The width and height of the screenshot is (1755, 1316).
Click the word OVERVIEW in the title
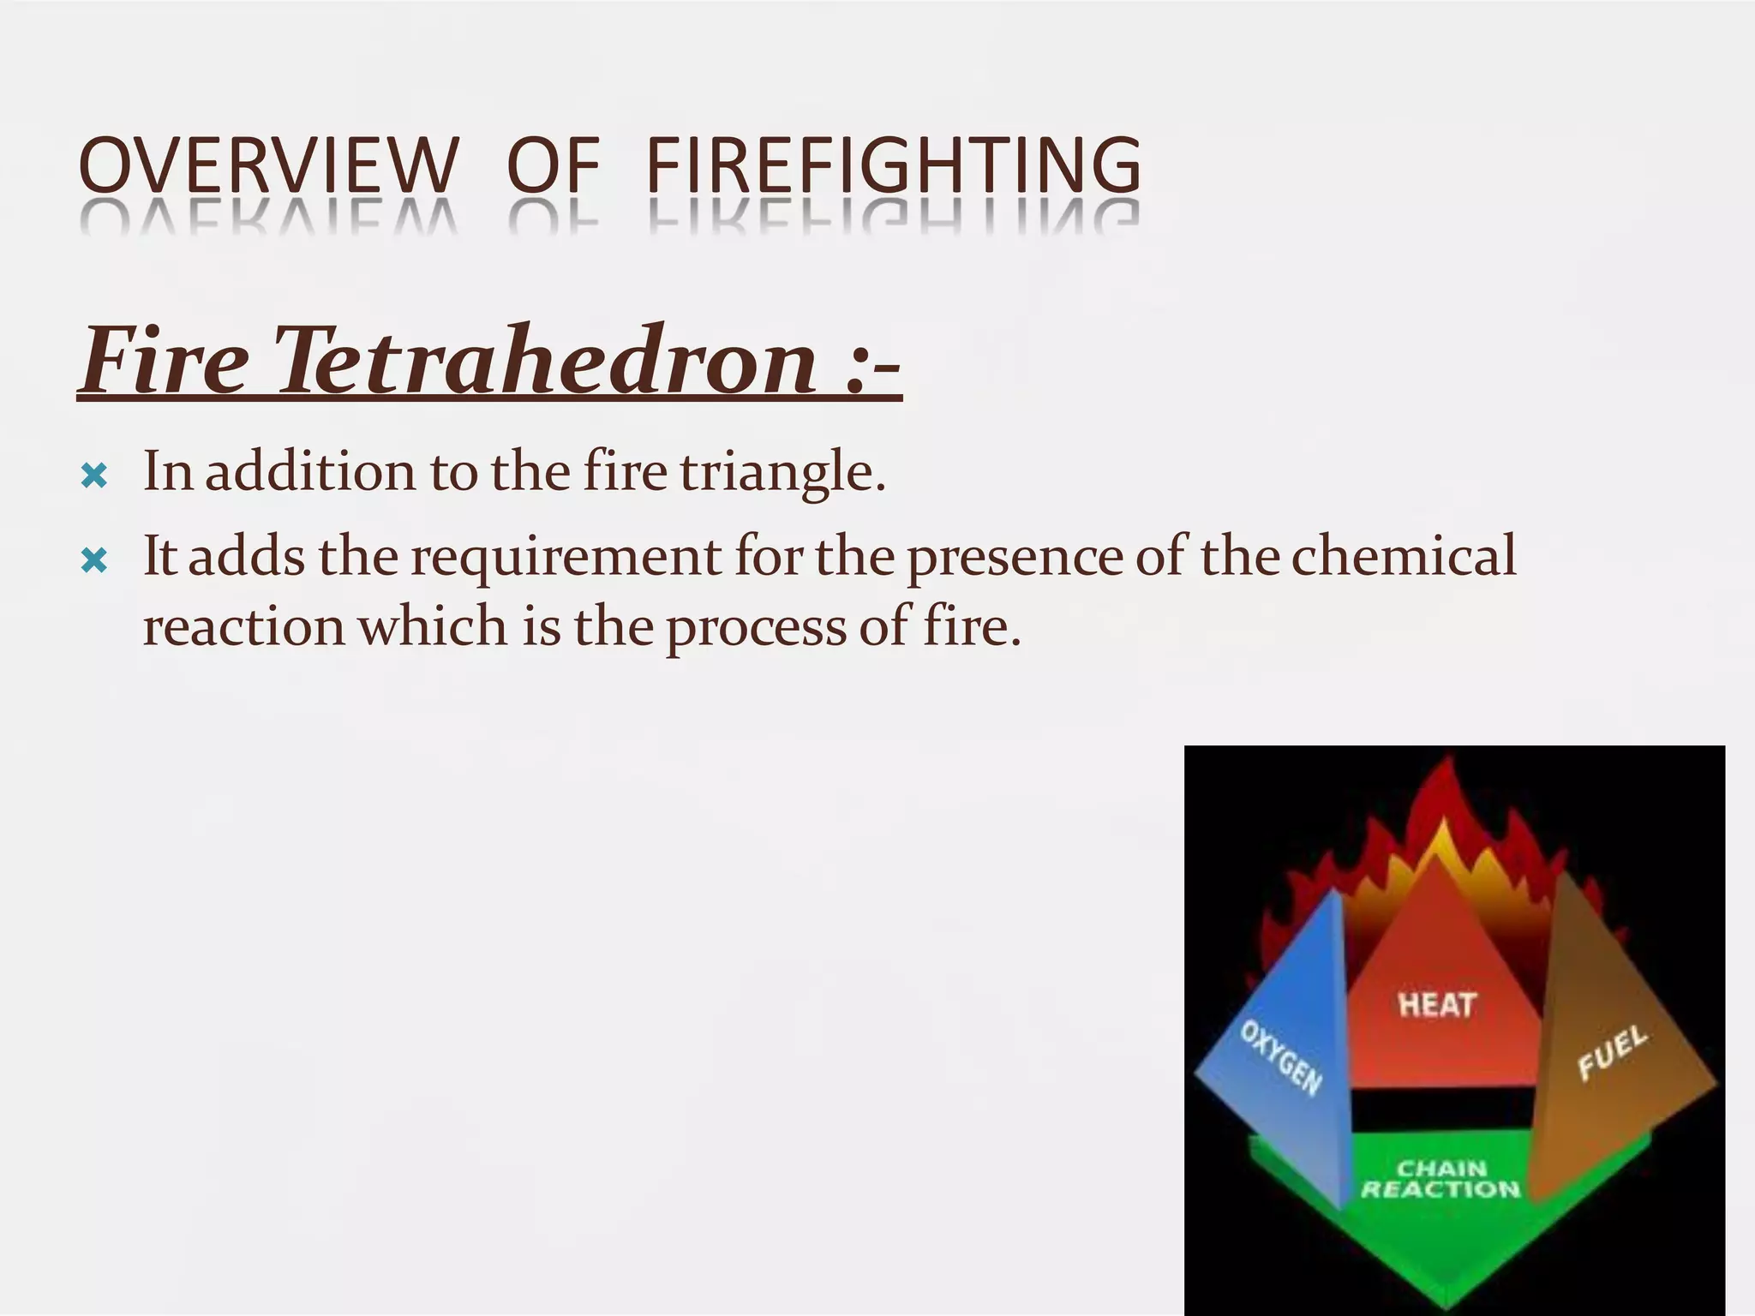(x=268, y=165)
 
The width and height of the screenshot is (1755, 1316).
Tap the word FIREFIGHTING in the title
(x=893, y=165)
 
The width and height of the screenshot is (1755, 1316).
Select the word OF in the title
(x=553, y=165)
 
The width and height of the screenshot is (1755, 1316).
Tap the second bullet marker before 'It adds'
(x=93, y=561)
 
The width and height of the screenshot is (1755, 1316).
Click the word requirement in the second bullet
(x=566, y=557)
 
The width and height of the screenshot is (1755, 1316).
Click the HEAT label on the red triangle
(x=1436, y=1004)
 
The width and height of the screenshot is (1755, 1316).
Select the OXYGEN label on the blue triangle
(x=1281, y=1058)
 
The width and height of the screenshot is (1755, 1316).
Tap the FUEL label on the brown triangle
(x=1612, y=1053)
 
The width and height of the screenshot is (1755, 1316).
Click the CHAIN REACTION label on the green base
(x=1441, y=1179)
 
